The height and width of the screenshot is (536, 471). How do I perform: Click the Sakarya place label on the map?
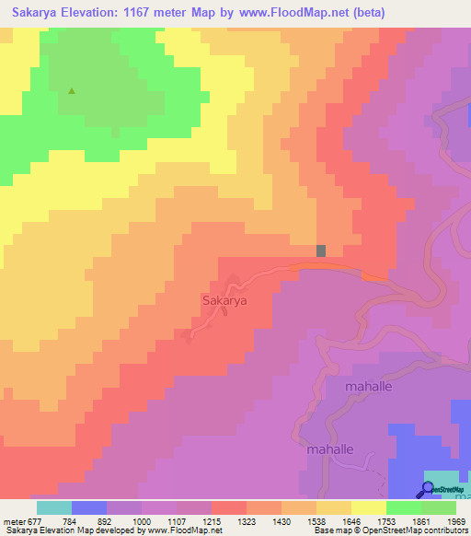pyautogui.click(x=224, y=299)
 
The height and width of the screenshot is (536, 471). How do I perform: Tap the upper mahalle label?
pyautogui.click(x=368, y=387)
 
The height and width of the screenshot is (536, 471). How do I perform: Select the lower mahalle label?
pyautogui.click(x=329, y=449)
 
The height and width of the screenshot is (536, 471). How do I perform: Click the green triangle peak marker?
pyautogui.click(x=72, y=91)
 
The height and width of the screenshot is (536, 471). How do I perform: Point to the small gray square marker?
pyautogui.click(x=321, y=251)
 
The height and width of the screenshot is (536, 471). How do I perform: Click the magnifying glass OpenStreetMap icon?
pyautogui.click(x=429, y=489)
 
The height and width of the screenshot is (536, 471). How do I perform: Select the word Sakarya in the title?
pyautogui.click(x=38, y=13)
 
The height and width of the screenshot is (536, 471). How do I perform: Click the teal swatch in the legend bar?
pyautogui.click(x=54, y=507)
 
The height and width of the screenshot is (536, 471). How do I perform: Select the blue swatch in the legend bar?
pyautogui.click(x=89, y=507)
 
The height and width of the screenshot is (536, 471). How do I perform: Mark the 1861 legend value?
pyautogui.click(x=419, y=521)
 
